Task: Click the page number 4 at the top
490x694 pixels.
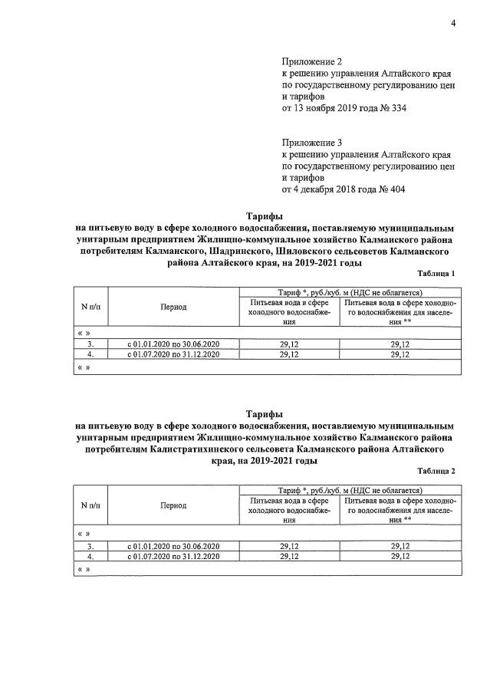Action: [453, 24]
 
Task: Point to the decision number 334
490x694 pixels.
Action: [398, 108]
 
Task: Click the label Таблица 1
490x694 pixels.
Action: [436, 274]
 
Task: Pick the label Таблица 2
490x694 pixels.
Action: [436, 471]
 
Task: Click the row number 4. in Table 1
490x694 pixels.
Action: [90, 355]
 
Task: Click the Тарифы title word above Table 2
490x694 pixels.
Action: [265, 413]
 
